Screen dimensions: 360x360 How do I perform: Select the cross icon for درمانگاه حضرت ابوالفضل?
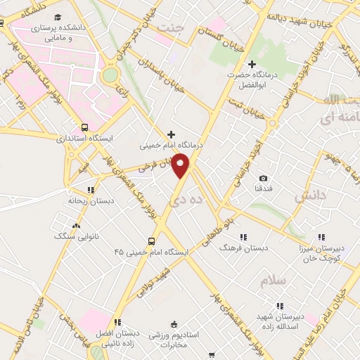[252, 65]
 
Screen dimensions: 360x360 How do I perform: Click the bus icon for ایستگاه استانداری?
[85, 128]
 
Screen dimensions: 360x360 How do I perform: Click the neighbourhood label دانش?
[309, 198]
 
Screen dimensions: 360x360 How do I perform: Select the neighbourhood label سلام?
[273, 280]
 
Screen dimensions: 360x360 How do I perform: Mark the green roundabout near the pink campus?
[110, 75]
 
